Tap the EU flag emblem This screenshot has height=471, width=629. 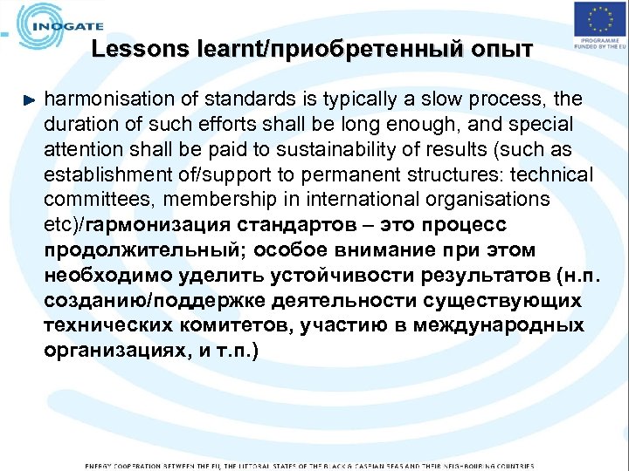tap(599, 19)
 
